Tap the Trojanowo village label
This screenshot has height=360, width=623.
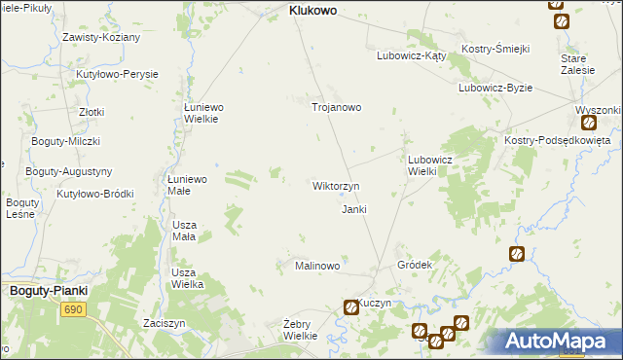click(336, 107)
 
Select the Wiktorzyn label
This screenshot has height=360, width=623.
click(336, 185)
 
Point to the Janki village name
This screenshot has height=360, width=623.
click(353, 209)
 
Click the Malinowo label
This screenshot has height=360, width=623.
click(317, 266)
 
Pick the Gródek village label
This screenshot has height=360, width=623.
click(415, 265)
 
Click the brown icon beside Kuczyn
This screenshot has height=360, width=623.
click(350, 307)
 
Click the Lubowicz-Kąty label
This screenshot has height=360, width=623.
click(411, 55)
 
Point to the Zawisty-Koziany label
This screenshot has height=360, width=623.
click(101, 37)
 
